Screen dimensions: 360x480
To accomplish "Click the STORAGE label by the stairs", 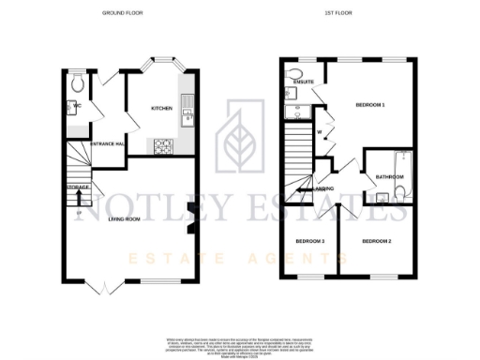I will tap(77, 188).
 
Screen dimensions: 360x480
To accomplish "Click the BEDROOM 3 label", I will tap(310, 241).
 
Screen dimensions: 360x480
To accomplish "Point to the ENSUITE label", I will tap(302, 81).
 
